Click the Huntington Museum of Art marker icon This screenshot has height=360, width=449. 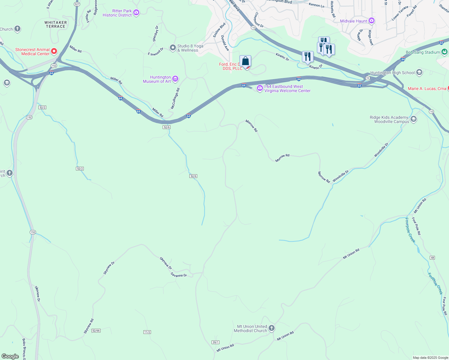[175, 79]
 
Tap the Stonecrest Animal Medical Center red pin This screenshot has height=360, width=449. [54, 51]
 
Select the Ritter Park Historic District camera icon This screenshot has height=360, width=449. [136, 12]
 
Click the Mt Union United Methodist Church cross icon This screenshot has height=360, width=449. [271, 328]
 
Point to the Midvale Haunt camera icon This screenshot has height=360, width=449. [372, 21]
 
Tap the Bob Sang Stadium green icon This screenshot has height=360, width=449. [444, 52]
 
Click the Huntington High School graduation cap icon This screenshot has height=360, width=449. [419, 72]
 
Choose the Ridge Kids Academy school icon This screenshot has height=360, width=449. [413, 119]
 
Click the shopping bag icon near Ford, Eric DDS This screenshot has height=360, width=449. [245, 61]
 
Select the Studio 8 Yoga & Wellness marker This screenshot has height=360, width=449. [173, 48]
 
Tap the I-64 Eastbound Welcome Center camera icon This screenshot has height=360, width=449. [260, 88]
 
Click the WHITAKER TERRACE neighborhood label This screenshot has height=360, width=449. [56, 24]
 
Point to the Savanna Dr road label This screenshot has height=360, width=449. [179, 274]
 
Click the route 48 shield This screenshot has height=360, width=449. [432, 258]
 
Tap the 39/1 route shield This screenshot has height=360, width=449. [215, 342]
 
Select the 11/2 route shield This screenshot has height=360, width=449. [147, 332]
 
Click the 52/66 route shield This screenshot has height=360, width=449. [96, 330]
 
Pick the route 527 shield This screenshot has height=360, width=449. [77, 4]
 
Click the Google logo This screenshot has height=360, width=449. [10, 356]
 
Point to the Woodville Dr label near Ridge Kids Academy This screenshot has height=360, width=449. [381, 150]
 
